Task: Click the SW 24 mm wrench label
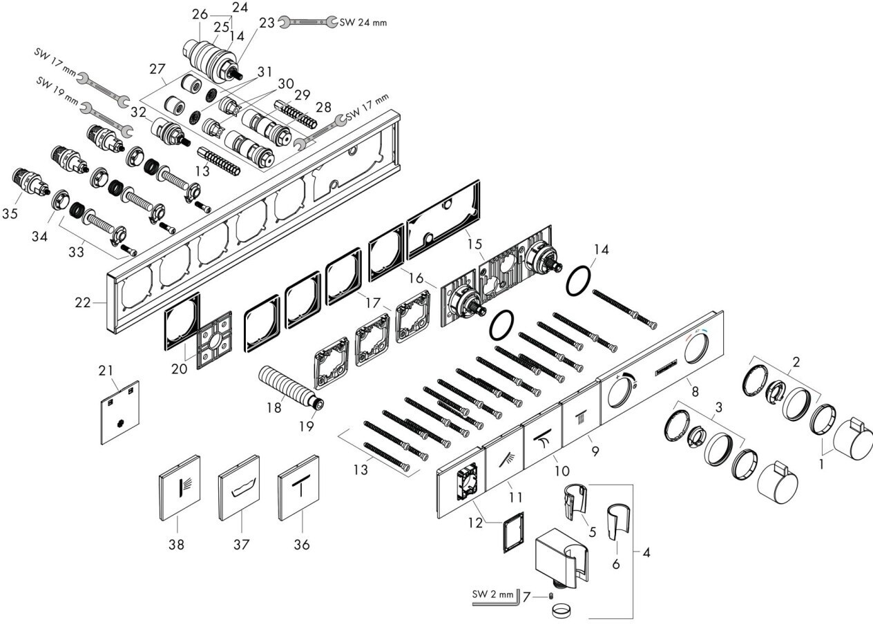coord(363,22)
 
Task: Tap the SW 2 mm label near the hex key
coord(492,594)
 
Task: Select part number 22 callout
coord(83,302)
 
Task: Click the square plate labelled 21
coord(120,413)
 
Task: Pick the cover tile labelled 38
coord(180,487)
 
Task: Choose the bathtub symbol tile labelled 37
coord(239,487)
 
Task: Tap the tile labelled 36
coord(298,487)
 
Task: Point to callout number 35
coord(10,213)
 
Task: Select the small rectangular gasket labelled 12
coord(514,532)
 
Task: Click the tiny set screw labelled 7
coord(550,596)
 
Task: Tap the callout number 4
coord(646,552)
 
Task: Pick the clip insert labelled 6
coord(618,523)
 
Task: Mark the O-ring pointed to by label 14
coord(578,280)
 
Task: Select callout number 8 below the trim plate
coord(695,391)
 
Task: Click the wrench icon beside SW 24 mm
coord(309,22)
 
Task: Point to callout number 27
coord(157,69)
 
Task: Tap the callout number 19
coord(307,426)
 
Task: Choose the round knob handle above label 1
coord(852,438)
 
